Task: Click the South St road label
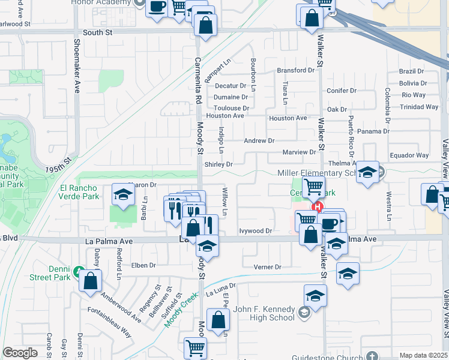click(98, 33)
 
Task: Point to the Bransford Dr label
click(295, 70)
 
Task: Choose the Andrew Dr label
click(259, 140)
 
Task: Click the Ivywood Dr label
click(256, 230)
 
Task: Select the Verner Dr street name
click(267, 267)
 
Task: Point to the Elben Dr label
click(143, 265)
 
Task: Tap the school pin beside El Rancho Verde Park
click(123, 195)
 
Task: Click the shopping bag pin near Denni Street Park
click(89, 280)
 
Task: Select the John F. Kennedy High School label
click(263, 310)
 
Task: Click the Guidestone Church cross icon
click(372, 356)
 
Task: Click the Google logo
click(20, 353)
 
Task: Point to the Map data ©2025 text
click(424, 355)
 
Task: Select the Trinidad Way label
click(420, 107)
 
